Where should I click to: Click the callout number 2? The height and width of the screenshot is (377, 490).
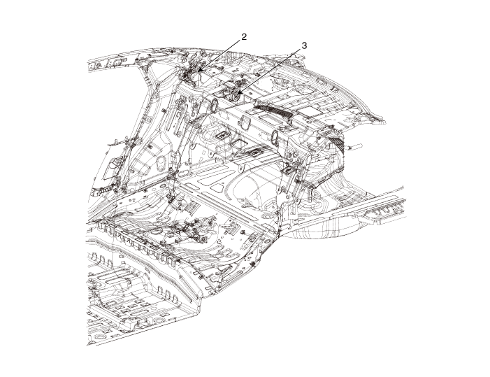244,36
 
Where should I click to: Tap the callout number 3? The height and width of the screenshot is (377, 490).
304,45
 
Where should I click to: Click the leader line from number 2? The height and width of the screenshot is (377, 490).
219,55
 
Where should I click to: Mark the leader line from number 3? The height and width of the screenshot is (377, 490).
269,71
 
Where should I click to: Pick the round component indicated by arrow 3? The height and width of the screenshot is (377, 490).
236,96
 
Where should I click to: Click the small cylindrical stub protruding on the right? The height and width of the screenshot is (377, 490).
356,145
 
